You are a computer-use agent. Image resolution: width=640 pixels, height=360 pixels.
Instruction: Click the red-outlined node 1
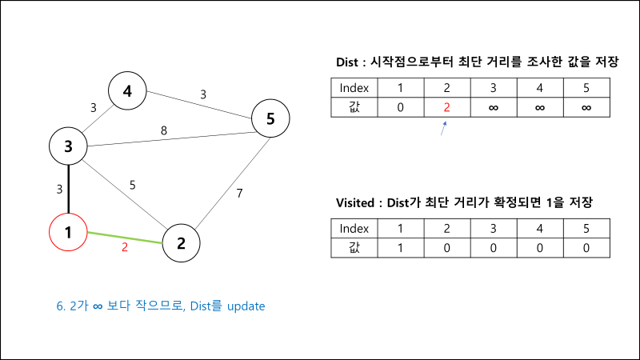tap(69, 233)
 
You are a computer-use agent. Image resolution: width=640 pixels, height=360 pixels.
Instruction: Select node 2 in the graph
tap(182, 244)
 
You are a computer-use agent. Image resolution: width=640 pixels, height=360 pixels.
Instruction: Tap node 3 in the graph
tap(69, 146)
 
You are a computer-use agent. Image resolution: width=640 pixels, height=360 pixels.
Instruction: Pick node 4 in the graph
tap(127, 92)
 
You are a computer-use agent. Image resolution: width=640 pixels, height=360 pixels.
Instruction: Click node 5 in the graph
tap(270, 120)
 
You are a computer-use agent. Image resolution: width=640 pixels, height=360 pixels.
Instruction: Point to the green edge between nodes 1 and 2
tap(125, 237)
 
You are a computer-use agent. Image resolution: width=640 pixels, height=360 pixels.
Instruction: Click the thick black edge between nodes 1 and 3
tap(70, 190)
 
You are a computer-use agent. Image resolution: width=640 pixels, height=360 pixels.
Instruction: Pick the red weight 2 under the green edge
tap(125, 248)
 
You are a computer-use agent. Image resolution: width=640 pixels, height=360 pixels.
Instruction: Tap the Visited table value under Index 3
tap(493, 247)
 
